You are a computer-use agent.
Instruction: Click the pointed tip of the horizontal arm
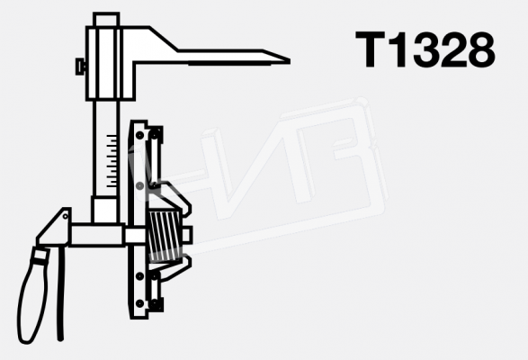pyautogui.click(x=285, y=60)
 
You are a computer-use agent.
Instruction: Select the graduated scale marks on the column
pyautogui.click(x=111, y=162)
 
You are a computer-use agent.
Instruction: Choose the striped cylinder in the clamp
pyautogui.click(x=165, y=235)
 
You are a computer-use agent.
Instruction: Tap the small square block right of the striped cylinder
pyautogui.click(x=186, y=236)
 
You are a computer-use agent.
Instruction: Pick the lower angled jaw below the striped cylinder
pyautogui.click(x=175, y=267)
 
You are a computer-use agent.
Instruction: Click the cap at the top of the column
pyautogui.click(x=106, y=19)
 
